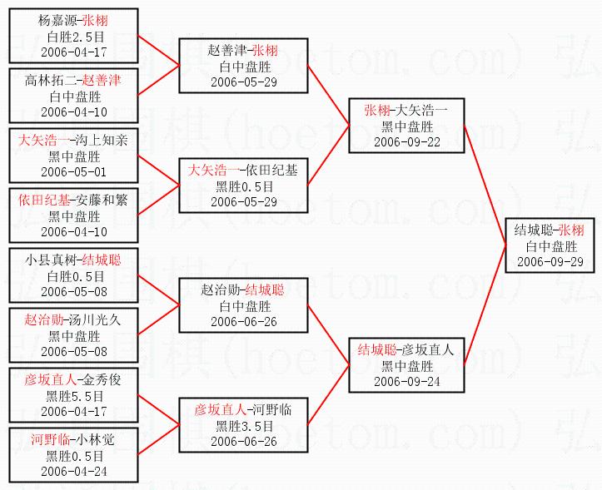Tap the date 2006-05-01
pos(73,171)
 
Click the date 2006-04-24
pos(73,471)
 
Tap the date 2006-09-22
pos(406,141)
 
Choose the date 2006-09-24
pos(406,381)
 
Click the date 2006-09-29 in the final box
pos(549,261)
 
